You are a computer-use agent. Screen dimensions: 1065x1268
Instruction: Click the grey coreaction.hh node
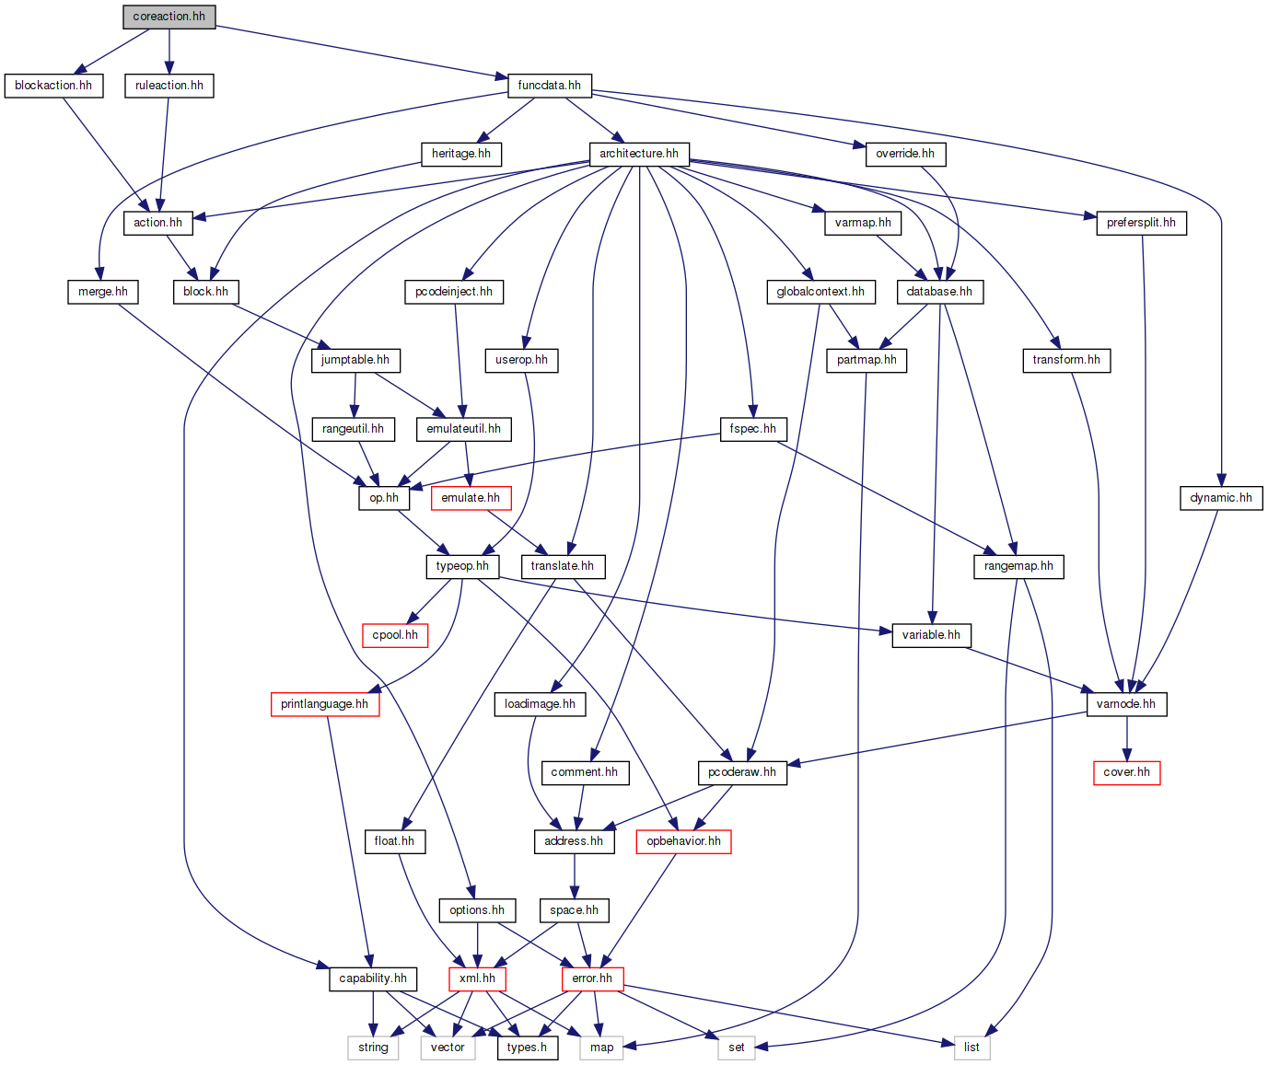point(169,17)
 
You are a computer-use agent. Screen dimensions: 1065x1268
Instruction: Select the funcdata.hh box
point(549,86)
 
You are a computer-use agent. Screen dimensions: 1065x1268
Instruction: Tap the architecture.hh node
point(639,154)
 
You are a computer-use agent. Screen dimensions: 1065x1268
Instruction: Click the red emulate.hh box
point(471,498)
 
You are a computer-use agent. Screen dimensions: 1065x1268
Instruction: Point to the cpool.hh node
point(395,635)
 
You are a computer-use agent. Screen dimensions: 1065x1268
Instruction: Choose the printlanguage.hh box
point(324,704)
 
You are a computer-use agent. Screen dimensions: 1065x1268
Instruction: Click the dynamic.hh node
point(1221,498)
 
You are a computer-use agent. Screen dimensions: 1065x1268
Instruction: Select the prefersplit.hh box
point(1141,223)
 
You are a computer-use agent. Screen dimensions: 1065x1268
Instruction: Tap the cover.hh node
point(1126,772)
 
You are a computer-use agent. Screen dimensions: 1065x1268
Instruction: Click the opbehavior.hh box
point(683,841)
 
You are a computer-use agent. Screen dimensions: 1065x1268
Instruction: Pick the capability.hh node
point(373,978)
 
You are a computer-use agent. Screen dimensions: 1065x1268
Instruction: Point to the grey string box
point(373,1048)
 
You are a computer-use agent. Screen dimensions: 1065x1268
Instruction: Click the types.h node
point(527,1048)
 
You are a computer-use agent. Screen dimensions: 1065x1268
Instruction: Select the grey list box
point(971,1048)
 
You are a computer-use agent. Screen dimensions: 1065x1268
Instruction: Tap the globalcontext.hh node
point(820,292)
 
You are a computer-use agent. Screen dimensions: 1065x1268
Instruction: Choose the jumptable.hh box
point(355,360)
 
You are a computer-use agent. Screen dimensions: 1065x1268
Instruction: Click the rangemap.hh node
point(1018,566)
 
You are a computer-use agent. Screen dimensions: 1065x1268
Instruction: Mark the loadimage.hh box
point(540,704)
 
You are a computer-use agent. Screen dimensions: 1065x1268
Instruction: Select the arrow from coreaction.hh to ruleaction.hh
point(169,51)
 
